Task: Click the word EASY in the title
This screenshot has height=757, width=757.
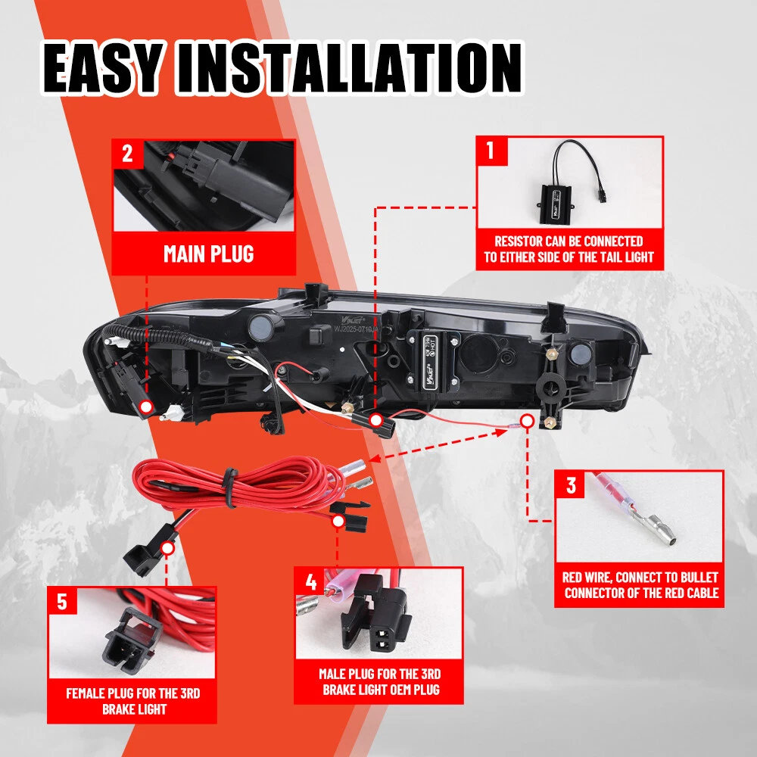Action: [103, 68]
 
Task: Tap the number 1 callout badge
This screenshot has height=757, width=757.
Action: [491, 150]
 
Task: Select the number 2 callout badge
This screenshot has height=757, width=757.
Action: [127, 154]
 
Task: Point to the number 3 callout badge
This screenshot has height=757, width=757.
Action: [570, 485]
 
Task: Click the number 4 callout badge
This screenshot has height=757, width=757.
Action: [310, 582]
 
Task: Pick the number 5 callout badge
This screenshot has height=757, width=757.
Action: [63, 602]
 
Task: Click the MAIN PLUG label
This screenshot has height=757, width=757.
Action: [209, 254]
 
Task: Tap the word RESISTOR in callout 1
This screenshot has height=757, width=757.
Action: [519, 241]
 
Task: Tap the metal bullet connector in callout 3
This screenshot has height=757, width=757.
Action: [656, 527]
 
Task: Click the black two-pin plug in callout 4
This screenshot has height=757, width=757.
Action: [375, 613]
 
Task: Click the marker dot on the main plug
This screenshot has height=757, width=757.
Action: [146, 407]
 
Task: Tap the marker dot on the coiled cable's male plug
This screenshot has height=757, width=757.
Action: [338, 522]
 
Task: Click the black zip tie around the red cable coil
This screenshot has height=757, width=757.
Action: [230, 488]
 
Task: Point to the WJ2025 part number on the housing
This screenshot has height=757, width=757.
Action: [357, 329]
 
